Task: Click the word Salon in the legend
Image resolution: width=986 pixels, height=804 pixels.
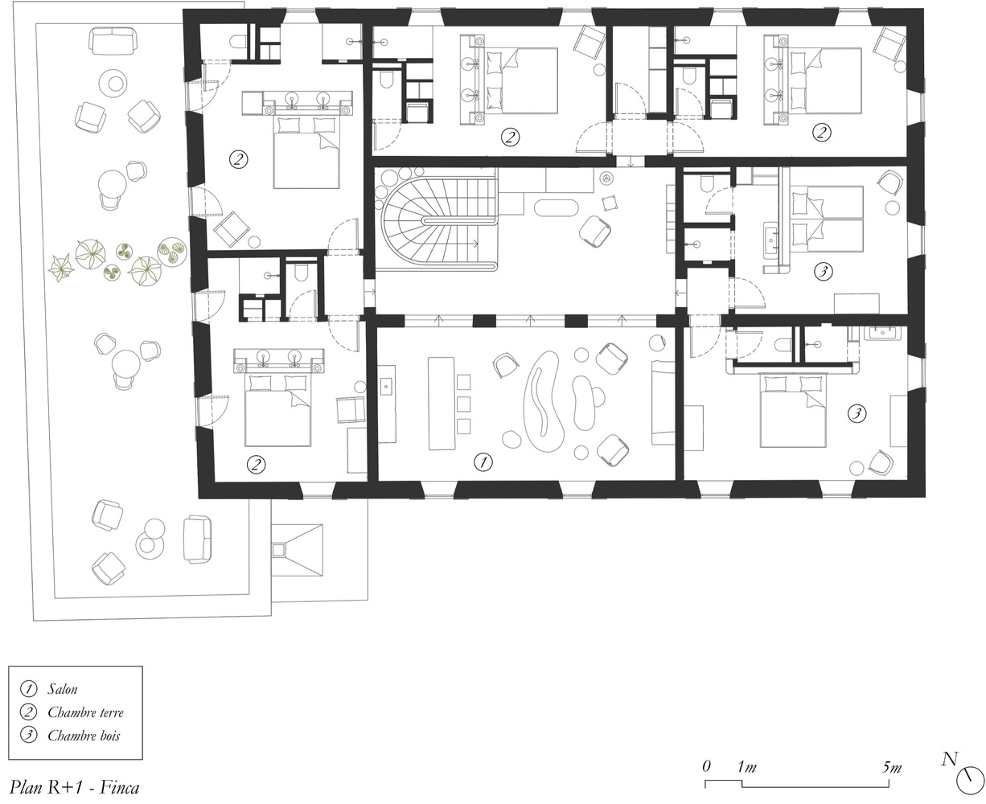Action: (62, 689)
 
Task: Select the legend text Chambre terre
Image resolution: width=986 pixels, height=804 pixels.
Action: (85, 712)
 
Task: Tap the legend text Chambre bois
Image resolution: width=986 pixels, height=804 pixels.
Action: (84, 736)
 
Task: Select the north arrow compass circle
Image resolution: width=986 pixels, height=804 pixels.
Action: (970, 781)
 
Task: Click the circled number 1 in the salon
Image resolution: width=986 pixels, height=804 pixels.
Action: (483, 462)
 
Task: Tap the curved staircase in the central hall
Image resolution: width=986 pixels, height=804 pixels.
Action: (439, 222)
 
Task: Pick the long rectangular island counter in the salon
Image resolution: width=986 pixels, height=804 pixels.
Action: (442, 404)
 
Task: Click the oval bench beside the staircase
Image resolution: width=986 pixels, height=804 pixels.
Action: (556, 208)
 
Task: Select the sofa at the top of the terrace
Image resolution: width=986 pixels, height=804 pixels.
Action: (113, 41)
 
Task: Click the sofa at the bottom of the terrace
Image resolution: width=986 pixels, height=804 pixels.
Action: (197, 539)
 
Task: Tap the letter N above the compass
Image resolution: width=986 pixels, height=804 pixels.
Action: (950, 759)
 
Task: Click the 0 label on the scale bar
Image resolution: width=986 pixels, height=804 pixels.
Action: (706, 766)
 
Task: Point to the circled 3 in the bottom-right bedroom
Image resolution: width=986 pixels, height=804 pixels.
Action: (857, 413)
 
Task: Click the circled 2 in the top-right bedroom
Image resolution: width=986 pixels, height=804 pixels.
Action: (821, 133)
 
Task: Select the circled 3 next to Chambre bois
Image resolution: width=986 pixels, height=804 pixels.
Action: (28, 736)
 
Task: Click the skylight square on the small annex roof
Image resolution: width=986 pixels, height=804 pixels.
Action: (280, 550)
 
